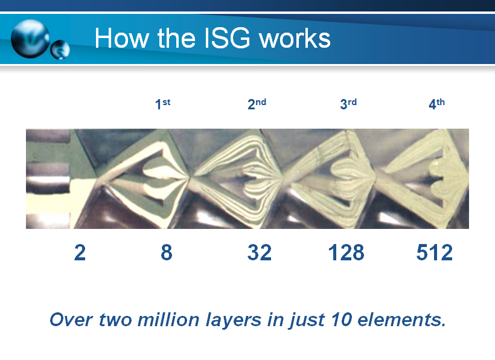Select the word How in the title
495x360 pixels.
pos(121,38)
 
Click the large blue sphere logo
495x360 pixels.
pos(30,39)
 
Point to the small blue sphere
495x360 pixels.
pos(60,50)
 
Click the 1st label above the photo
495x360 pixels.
pos(162,104)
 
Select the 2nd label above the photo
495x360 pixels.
pos(257,104)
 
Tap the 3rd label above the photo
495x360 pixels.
pos(348,104)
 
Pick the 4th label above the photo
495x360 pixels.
pos(436,104)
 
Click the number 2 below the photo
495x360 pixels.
pos(80,252)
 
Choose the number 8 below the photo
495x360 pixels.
pos(167,252)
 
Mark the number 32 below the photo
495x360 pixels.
pos(259,252)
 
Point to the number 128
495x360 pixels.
pos(346,252)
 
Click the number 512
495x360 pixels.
pos(435,252)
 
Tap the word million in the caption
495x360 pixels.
pos(168,320)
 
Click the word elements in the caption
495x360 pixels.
pos(401,320)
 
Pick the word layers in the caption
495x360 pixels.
pos(234,321)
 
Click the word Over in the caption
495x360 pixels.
pos(71,320)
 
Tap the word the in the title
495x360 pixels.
pos(176,38)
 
